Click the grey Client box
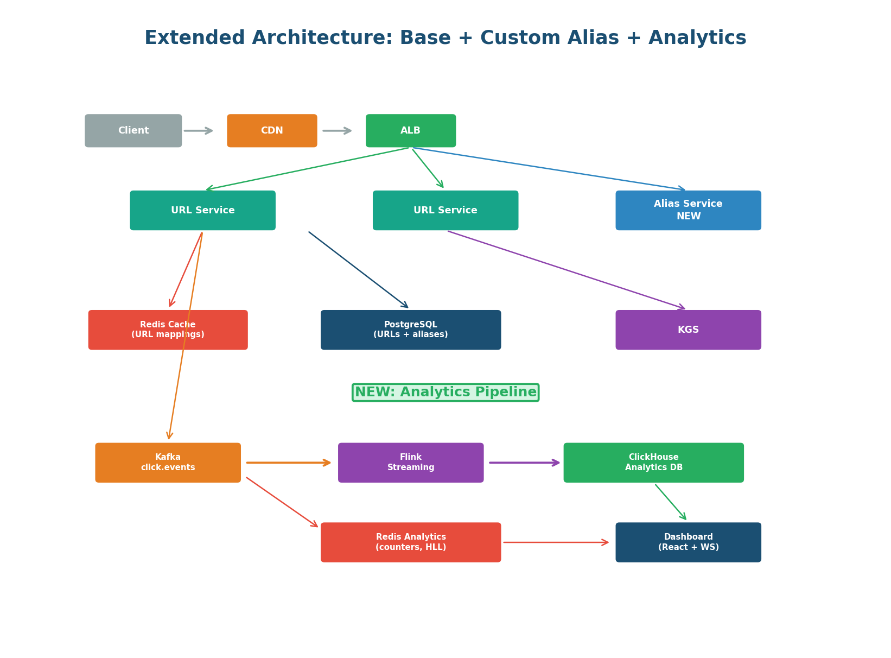(133, 131)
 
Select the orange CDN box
(272, 131)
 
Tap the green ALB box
(411, 131)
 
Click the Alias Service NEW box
(688, 210)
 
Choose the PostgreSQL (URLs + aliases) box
(411, 330)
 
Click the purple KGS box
(688, 330)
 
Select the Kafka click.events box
(168, 463)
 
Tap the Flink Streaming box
(411, 463)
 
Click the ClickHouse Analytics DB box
(653, 463)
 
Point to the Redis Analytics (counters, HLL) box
(411, 542)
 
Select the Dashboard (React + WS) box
(688, 542)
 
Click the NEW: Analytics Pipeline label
(445, 393)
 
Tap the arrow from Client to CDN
(198, 131)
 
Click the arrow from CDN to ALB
(337, 131)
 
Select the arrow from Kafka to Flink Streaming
(288, 463)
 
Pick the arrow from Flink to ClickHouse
(524, 463)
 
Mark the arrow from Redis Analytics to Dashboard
(556, 542)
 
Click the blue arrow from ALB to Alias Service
(548, 168)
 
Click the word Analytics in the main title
(697, 39)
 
